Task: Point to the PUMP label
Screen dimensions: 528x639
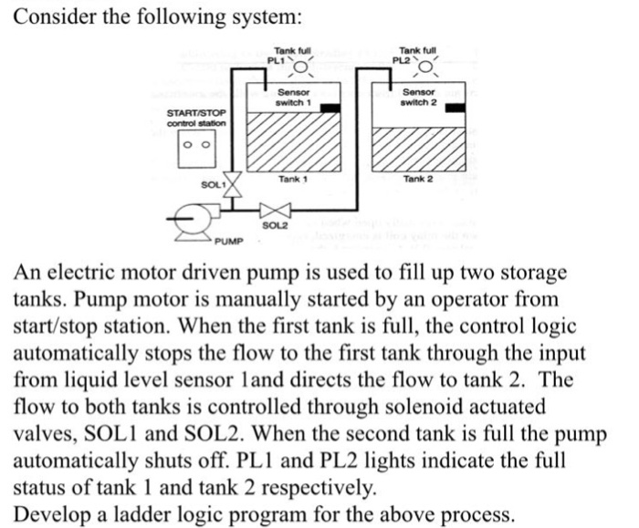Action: (x=228, y=242)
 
